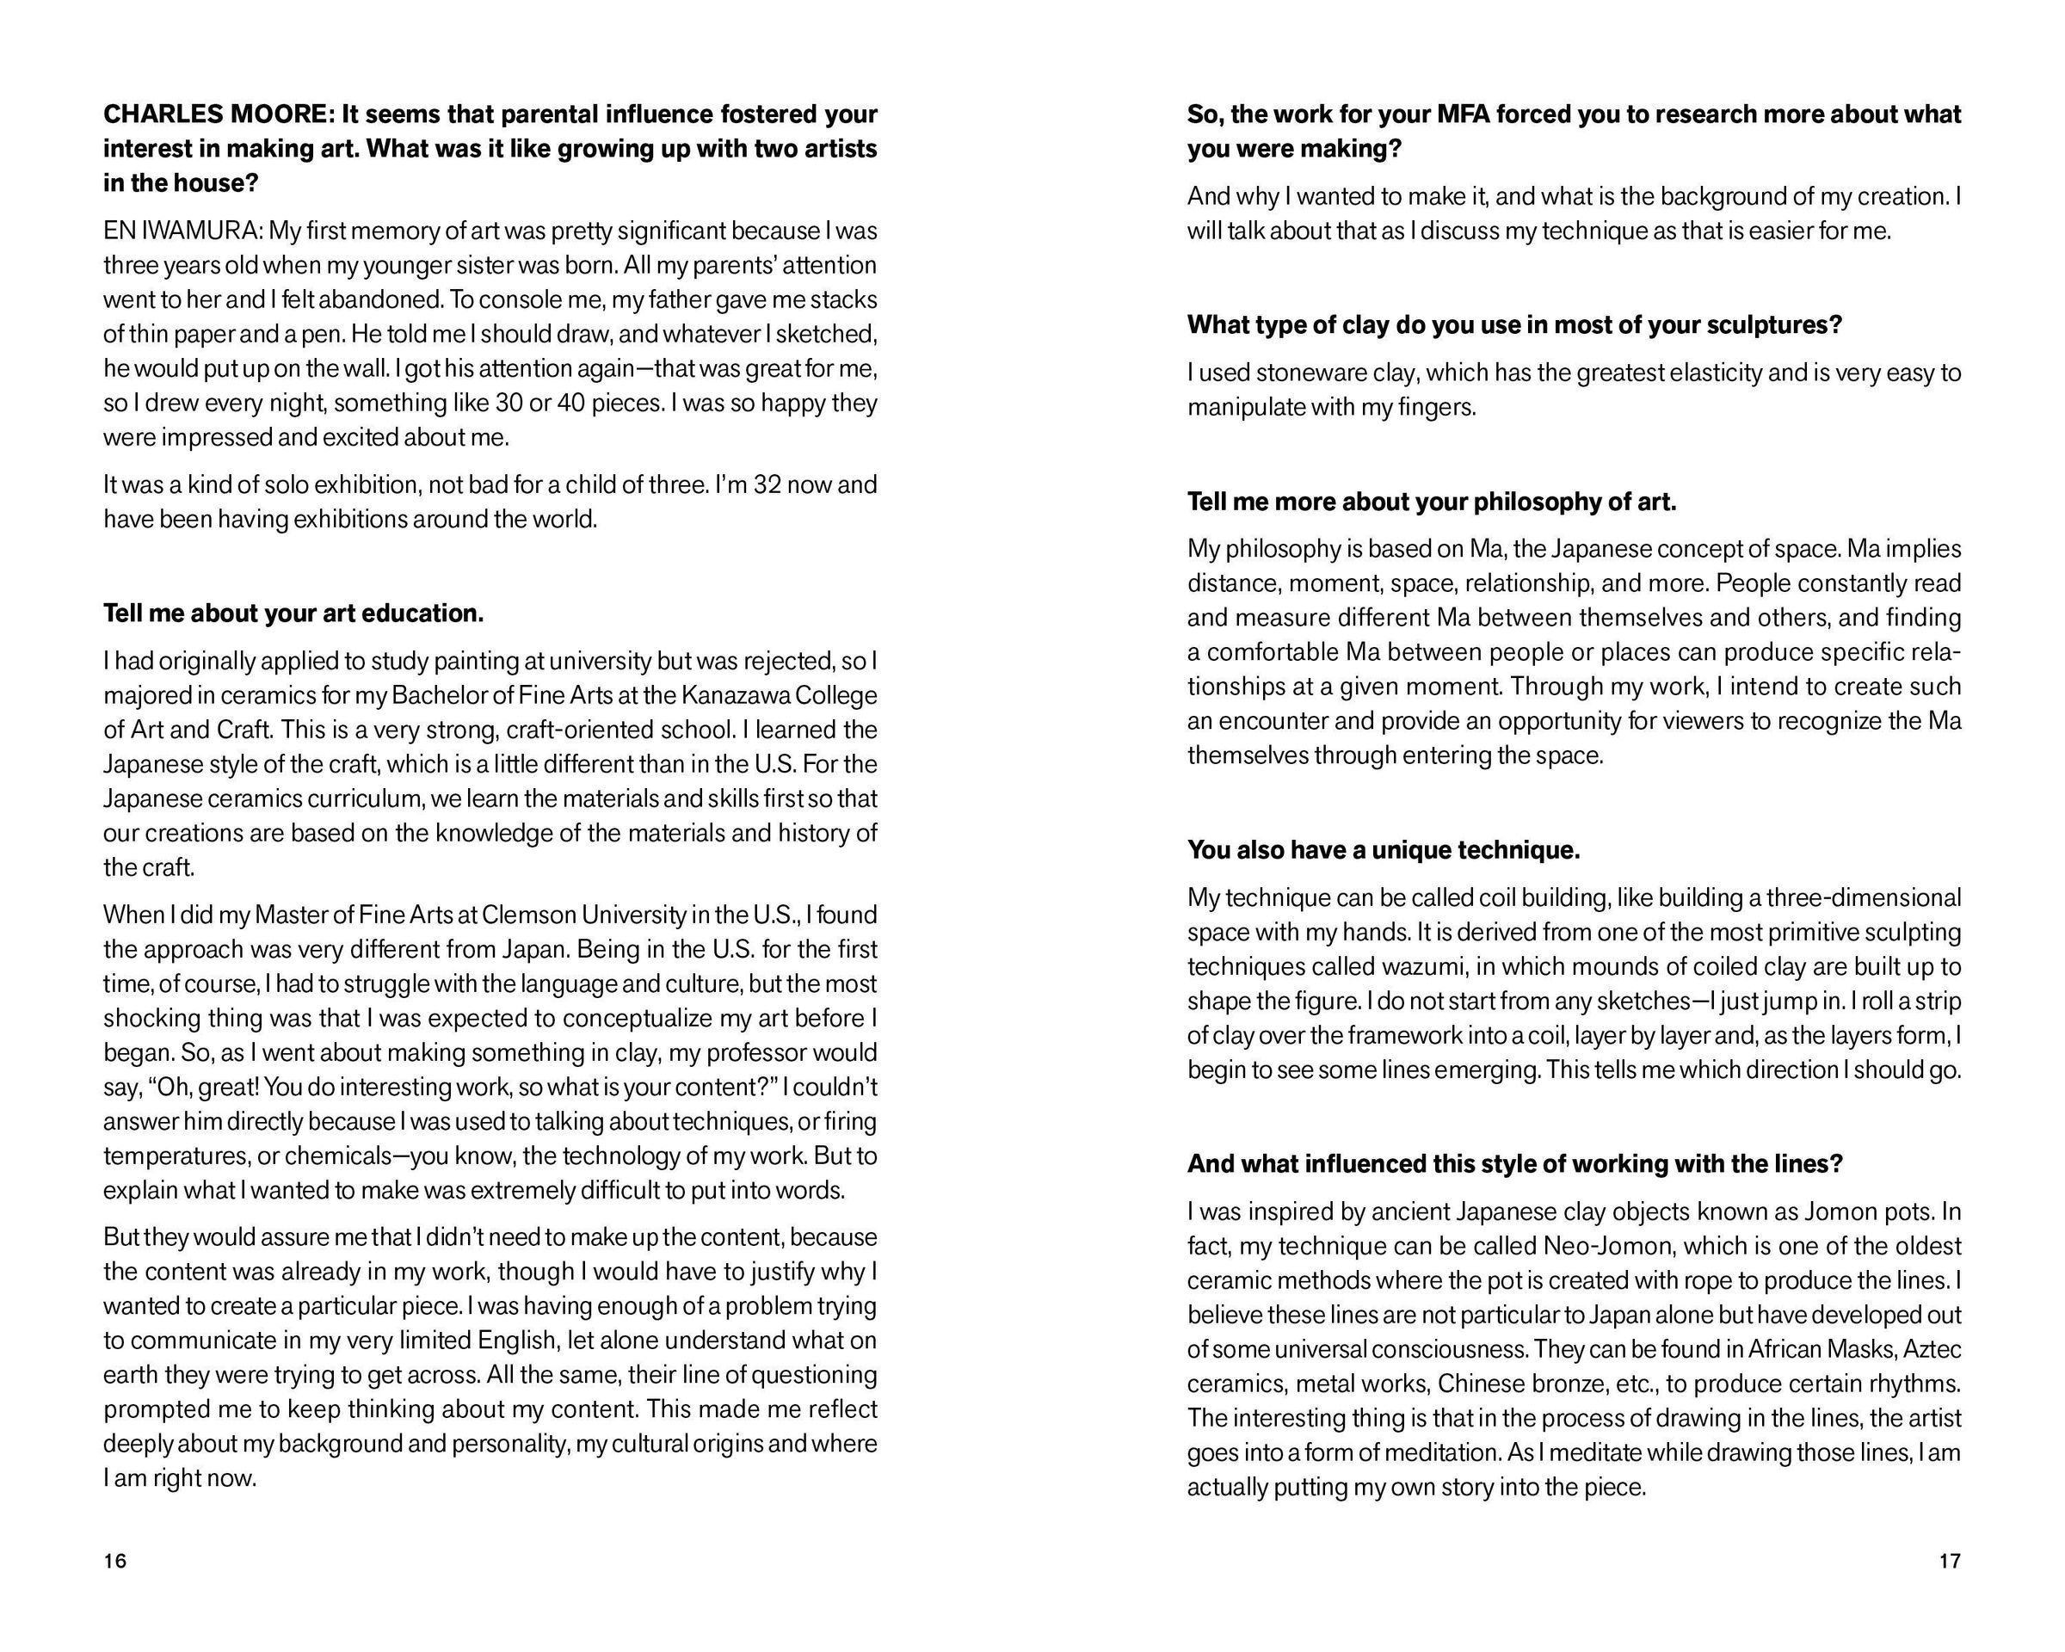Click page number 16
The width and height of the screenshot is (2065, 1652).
115,1561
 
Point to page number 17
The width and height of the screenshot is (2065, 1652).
1949,1561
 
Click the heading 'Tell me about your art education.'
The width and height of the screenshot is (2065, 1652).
293,613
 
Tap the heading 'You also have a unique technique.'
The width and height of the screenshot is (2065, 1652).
1383,850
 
